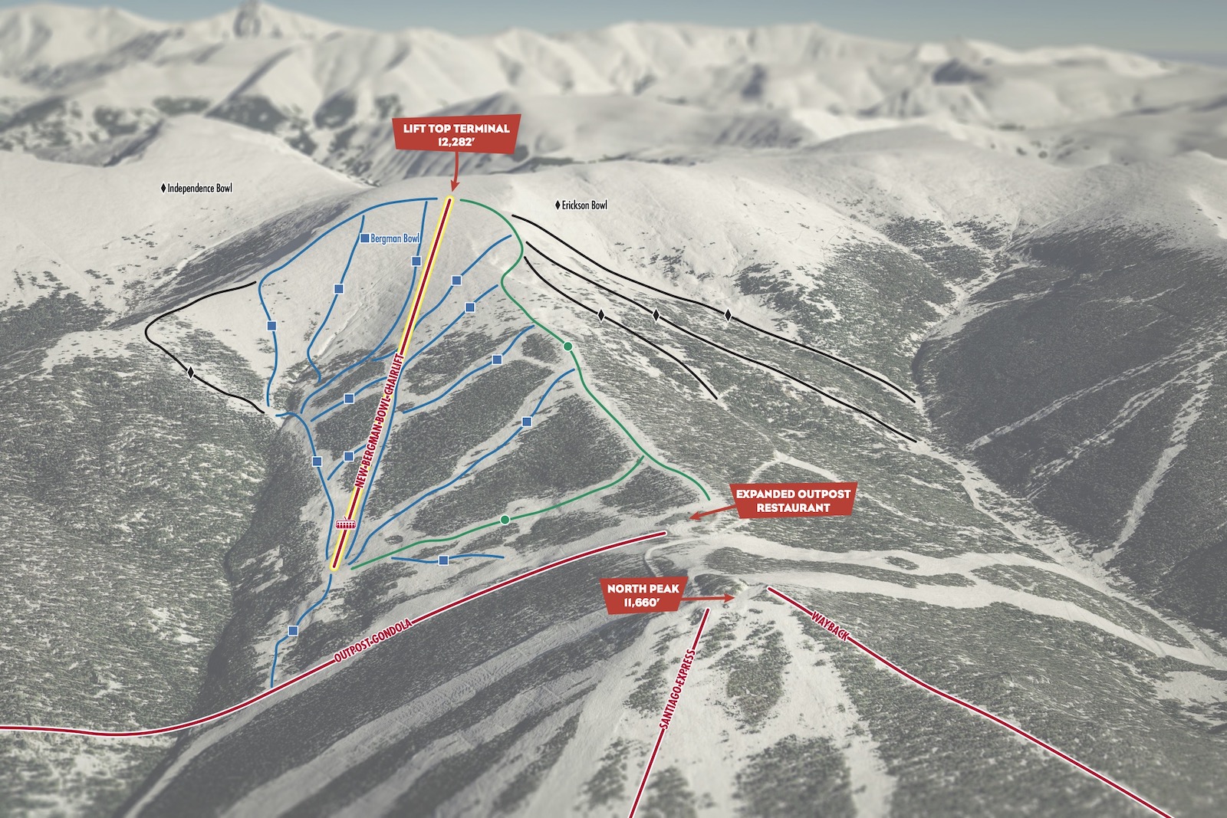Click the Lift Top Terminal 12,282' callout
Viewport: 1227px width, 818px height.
pos(456,134)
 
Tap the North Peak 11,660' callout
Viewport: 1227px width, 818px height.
pos(643,596)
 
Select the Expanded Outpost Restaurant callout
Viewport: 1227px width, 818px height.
pos(793,501)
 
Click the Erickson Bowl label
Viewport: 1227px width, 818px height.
pos(584,205)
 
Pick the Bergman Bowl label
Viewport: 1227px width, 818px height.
pos(395,238)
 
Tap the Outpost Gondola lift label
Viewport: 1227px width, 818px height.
pos(373,641)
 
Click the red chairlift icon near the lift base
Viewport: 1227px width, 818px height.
pos(346,524)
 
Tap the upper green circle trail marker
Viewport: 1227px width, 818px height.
pos(567,347)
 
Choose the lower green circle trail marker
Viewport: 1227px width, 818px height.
pos(504,520)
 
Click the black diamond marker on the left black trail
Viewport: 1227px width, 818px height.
pos(190,373)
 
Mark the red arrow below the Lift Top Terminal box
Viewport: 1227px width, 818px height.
pos(454,175)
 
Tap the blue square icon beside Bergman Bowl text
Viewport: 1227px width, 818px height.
pos(364,238)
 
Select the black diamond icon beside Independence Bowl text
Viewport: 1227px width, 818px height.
pos(163,188)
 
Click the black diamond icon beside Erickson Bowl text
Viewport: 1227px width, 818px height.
pos(558,205)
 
